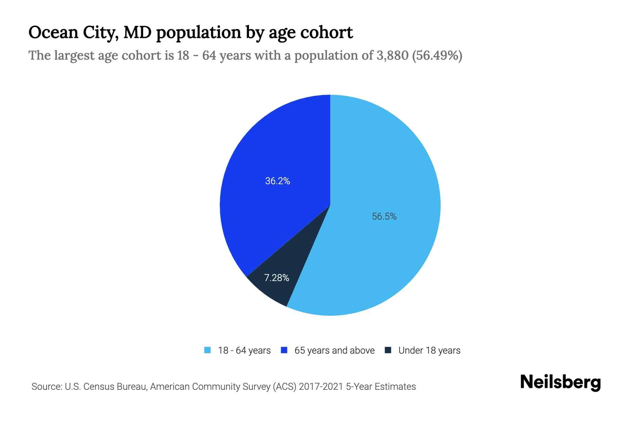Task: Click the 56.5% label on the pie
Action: click(x=384, y=216)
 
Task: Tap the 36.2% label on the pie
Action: click(x=277, y=181)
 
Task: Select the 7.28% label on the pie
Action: click(x=277, y=278)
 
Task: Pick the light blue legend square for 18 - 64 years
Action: click(x=208, y=350)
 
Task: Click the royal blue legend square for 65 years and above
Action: click(x=284, y=350)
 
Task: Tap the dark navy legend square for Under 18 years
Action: click(x=388, y=350)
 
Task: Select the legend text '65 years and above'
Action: click(x=334, y=350)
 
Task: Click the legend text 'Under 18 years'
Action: click(x=429, y=350)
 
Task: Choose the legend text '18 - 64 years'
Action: click(x=244, y=350)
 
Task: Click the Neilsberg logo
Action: click(x=560, y=382)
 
